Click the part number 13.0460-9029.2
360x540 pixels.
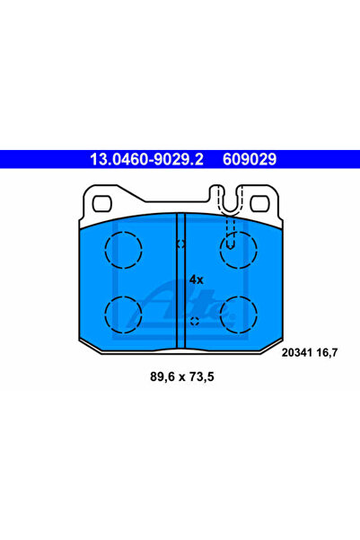pos(146,159)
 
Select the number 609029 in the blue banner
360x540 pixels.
pos(250,159)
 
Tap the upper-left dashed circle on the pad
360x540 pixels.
pos(124,250)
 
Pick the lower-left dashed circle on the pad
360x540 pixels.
pos(124,314)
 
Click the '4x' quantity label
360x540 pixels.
pos(197,279)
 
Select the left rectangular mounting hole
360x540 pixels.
pos(101,204)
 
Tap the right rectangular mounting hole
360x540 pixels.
pos(259,204)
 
